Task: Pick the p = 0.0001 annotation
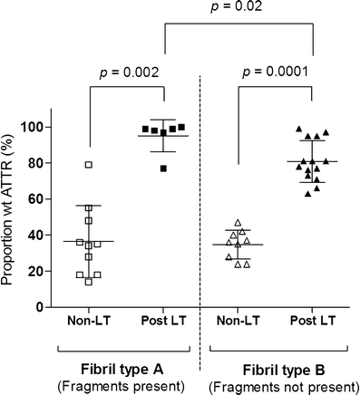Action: (x=275, y=71)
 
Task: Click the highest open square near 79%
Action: (x=89, y=165)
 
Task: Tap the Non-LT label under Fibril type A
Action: (x=88, y=323)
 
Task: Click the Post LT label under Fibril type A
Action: (x=163, y=323)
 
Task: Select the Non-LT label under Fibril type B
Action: (x=238, y=323)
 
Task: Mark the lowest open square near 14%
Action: (x=89, y=282)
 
